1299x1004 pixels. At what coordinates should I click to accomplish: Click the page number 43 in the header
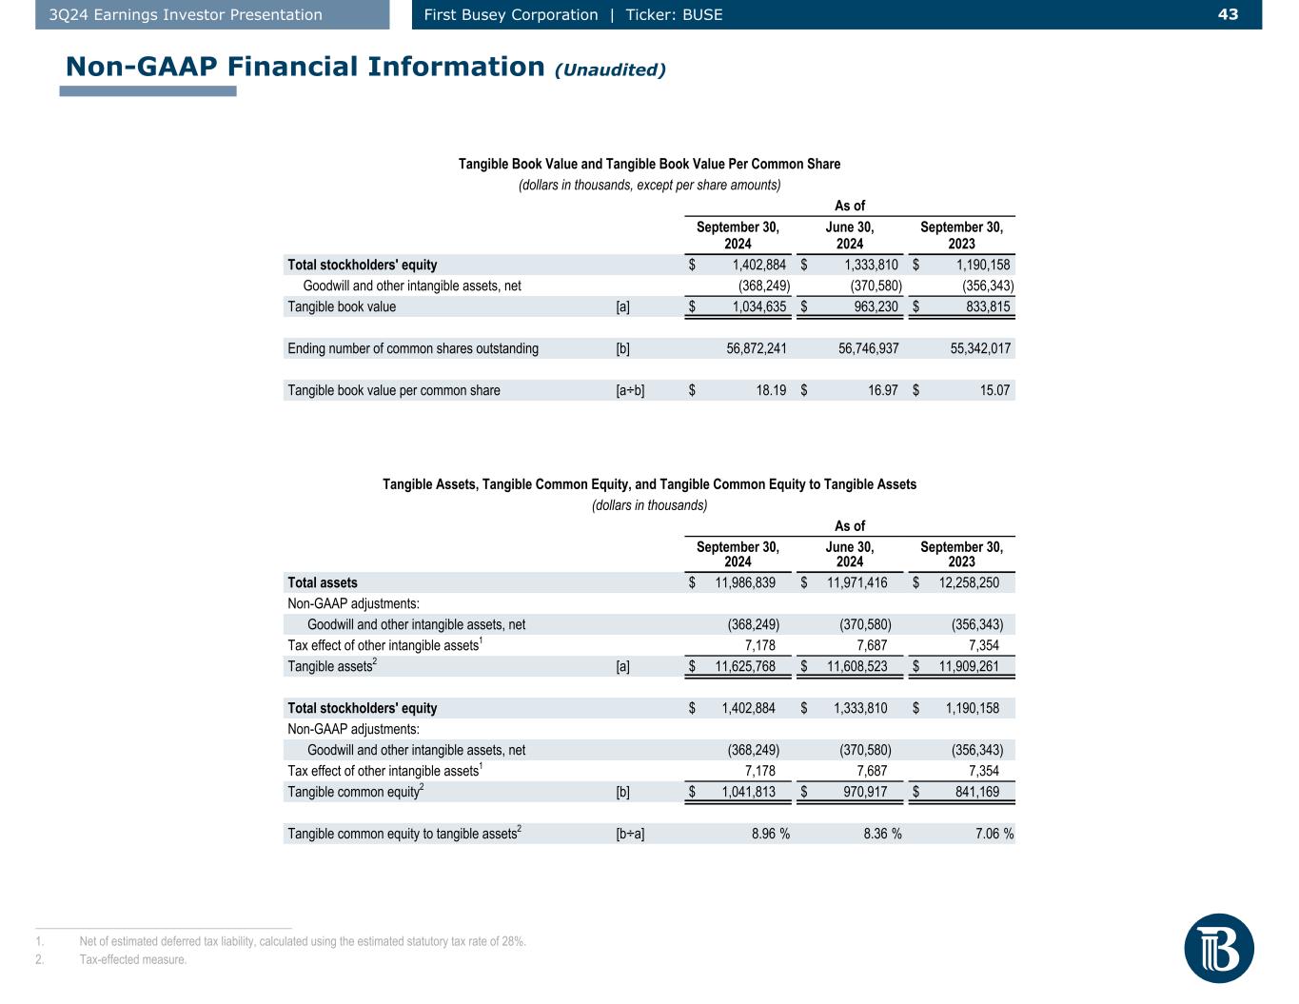[x=1228, y=14]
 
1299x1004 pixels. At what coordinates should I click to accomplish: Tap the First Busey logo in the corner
[x=1218, y=948]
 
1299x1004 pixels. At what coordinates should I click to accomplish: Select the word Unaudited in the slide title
[x=611, y=69]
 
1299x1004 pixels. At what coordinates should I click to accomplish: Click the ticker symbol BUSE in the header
[x=702, y=14]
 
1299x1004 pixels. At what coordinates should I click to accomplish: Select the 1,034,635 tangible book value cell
[x=758, y=306]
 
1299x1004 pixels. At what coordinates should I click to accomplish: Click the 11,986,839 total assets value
[x=745, y=582]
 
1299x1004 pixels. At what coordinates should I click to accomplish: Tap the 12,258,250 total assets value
[x=969, y=582]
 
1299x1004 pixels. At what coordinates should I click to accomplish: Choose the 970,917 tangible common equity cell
[x=860, y=792]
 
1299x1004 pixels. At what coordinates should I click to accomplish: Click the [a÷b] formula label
[x=630, y=390]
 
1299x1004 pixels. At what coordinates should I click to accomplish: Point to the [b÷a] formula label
[x=630, y=834]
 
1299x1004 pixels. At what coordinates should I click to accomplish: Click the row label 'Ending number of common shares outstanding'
[x=413, y=348]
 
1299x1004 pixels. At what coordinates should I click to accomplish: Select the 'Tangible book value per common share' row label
[x=394, y=390]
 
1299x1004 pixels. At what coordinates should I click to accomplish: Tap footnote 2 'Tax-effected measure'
[x=133, y=959]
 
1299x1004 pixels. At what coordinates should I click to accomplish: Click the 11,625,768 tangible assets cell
[x=745, y=666]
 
